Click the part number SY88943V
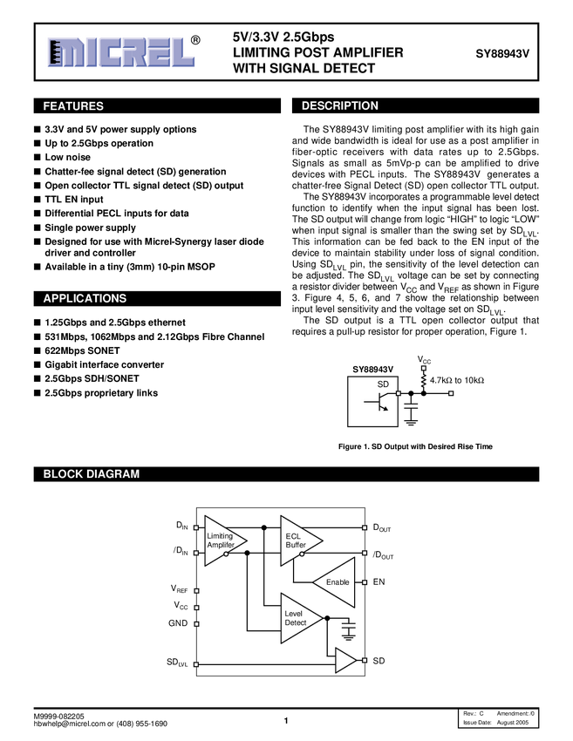tap(501, 53)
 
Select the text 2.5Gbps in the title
tap(309, 37)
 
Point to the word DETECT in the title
tap(347, 68)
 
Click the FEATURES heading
tap(73, 106)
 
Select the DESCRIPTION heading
tap(340, 106)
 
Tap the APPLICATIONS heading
tap(85, 298)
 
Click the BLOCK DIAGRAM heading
tap(92, 474)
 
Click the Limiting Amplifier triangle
tap(222, 540)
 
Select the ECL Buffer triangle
tap(297, 540)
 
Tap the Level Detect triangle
tap(297, 618)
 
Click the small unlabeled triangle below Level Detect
tap(344, 661)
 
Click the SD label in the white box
tap(383, 384)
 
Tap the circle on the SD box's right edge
tap(399, 393)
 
